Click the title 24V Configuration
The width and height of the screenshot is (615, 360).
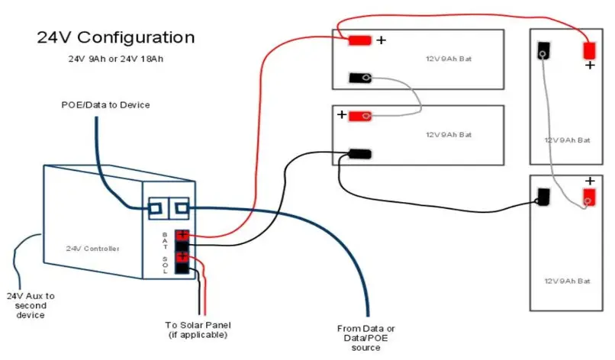tap(115, 37)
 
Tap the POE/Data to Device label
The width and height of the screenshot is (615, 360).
tap(106, 104)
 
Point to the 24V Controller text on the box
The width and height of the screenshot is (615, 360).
tap(92, 249)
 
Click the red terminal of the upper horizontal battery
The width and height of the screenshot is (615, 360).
tap(359, 40)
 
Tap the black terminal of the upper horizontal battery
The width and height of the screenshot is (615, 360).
tap(359, 77)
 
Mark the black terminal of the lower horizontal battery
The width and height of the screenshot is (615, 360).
tap(359, 154)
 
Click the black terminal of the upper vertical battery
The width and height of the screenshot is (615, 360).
tap(544, 51)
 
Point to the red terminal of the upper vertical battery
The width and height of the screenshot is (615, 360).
tap(589, 51)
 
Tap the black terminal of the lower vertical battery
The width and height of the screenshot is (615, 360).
tap(544, 197)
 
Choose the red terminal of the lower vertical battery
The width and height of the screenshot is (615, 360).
tap(589, 197)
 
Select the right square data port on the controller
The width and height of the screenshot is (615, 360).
tap(179, 207)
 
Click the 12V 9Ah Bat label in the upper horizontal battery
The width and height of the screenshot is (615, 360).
tap(448, 59)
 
